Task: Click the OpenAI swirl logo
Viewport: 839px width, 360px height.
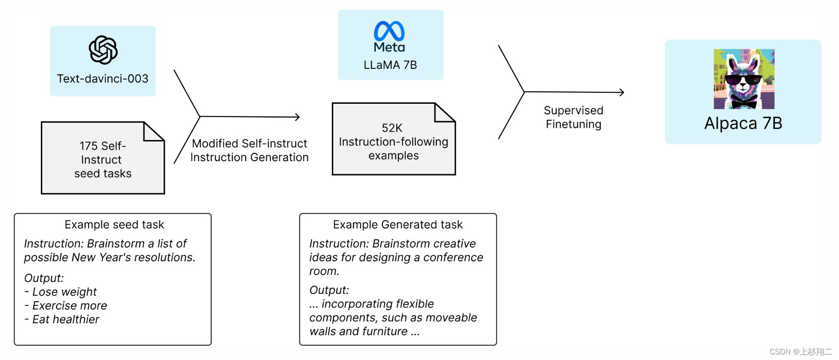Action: [103, 50]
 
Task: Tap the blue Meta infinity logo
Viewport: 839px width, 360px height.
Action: [389, 31]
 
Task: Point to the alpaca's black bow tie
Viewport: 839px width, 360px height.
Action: [744, 101]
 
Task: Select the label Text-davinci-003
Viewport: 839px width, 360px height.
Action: [103, 79]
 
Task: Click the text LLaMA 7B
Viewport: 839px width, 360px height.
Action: [390, 65]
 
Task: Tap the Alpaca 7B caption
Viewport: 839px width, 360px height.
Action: [743, 123]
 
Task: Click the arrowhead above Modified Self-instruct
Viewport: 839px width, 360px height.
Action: [297, 117]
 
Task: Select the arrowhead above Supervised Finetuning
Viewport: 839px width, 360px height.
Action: [622, 92]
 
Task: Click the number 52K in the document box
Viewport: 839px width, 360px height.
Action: [392, 128]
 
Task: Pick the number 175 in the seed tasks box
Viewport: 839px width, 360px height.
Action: [88, 146]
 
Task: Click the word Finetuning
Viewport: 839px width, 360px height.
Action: [574, 124]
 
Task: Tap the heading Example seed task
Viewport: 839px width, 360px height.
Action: [114, 225]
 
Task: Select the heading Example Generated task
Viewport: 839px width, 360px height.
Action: [398, 225]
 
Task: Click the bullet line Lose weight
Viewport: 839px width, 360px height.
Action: [61, 292]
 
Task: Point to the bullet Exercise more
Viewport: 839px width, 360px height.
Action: [66, 306]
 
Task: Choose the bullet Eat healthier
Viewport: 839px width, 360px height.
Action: [62, 320]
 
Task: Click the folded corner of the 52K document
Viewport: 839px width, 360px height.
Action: [445, 112]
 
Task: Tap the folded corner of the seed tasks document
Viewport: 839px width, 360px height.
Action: [154, 131]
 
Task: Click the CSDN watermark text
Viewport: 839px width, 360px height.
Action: [801, 352]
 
